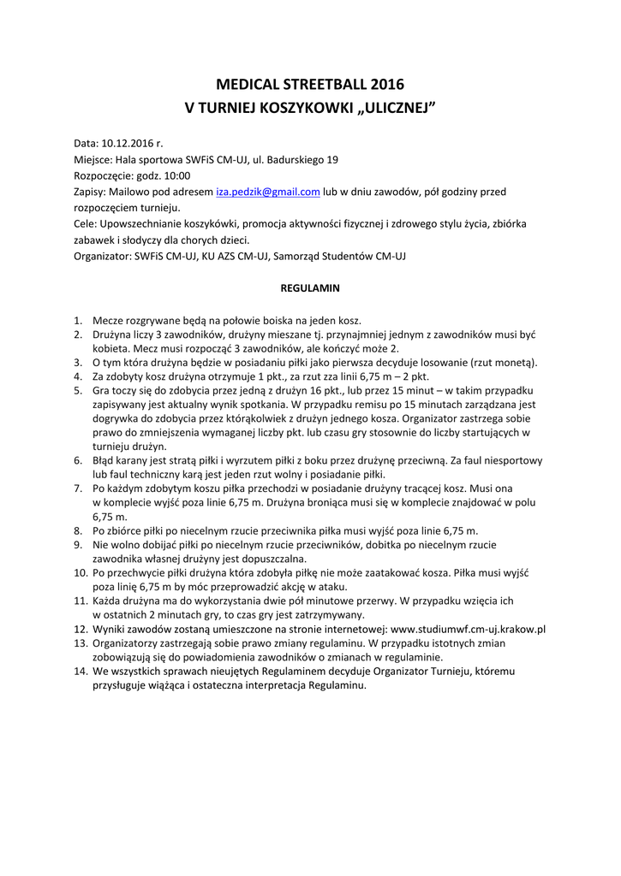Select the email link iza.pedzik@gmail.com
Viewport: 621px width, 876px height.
tap(268, 192)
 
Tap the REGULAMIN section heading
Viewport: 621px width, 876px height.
tap(310, 288)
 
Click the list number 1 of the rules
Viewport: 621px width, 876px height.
tap(78, 320)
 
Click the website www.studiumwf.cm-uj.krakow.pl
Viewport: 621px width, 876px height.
tap(469, 629)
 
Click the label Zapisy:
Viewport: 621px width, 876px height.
tap(90, 192)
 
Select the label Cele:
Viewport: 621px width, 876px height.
tap(85, 223)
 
